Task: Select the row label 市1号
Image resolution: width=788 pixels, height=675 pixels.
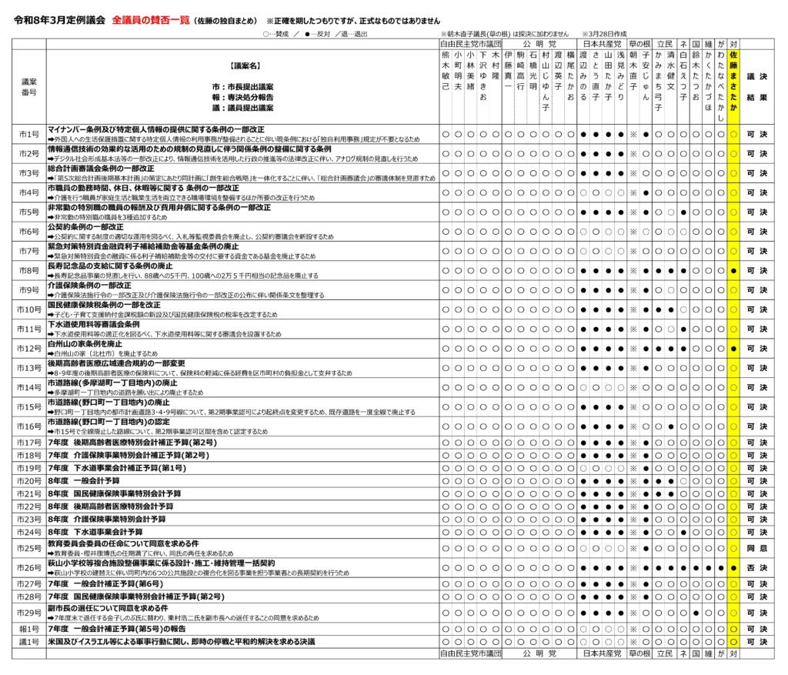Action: tap(29, 134)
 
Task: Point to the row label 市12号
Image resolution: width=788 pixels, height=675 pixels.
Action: tap(29, 349)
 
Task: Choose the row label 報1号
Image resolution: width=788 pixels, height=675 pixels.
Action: tap(29, 629)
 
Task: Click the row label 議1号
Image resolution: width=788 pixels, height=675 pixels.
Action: tap(29, 642)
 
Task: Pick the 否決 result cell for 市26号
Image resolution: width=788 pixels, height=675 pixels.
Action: tap(757, 567)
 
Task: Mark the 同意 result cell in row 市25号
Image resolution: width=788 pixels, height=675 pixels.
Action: tap(757, 548)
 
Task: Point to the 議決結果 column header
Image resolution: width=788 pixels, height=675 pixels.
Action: tap(757, 87)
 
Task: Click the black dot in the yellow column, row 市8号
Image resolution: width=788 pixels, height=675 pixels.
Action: tap(733, 271)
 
